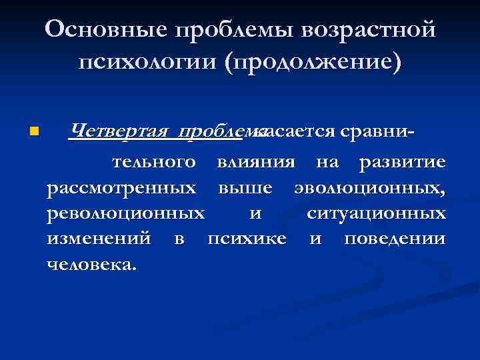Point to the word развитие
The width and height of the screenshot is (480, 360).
point(403,162)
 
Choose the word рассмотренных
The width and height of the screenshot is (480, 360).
point(122,188)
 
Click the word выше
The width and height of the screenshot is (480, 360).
point(245,188)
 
